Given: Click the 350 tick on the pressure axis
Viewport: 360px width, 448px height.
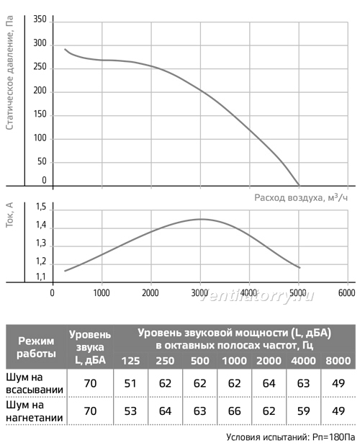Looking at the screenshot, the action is (x=40, y=19).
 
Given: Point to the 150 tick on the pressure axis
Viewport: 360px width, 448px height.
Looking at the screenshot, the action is (x=40, y=114).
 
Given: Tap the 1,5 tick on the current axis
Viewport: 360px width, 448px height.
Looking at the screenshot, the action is (x=40, y=207).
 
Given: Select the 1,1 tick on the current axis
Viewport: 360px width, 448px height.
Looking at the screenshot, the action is (x=40, y=277).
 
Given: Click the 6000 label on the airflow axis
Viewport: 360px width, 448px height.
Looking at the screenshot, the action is (x=346, y=292).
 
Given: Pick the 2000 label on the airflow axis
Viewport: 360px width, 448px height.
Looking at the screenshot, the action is (x=150, y=292).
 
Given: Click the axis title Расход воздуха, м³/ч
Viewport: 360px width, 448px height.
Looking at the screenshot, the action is (x=301, y=197).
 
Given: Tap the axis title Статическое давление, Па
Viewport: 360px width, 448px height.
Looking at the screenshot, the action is (x=9, y=73).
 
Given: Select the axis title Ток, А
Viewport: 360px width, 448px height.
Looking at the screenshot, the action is (x=9, y=215).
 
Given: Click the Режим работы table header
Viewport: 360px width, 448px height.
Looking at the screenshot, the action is (x=36, y=347).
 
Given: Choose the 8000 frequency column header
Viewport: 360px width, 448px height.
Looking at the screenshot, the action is (x=338, y=361).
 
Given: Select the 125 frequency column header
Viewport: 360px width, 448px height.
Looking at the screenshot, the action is (x=130, y=361).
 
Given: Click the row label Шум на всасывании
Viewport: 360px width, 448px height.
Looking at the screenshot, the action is (x=35, y=383).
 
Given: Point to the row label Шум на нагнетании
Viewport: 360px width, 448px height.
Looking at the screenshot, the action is (x=35, y=411).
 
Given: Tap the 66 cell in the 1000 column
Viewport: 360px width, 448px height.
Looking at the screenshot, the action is (x=234, y=411).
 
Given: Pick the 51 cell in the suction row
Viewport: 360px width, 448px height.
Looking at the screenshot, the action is (x=130, y=383).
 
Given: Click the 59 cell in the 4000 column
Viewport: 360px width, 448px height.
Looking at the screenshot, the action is (x=303, y=411).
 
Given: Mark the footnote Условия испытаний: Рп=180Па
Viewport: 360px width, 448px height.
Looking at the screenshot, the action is (x=291, y=437).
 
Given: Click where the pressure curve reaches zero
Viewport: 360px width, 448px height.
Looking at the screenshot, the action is (x=300, y=186).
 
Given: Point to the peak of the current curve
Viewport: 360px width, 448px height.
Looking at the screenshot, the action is (x=201, y=219).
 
